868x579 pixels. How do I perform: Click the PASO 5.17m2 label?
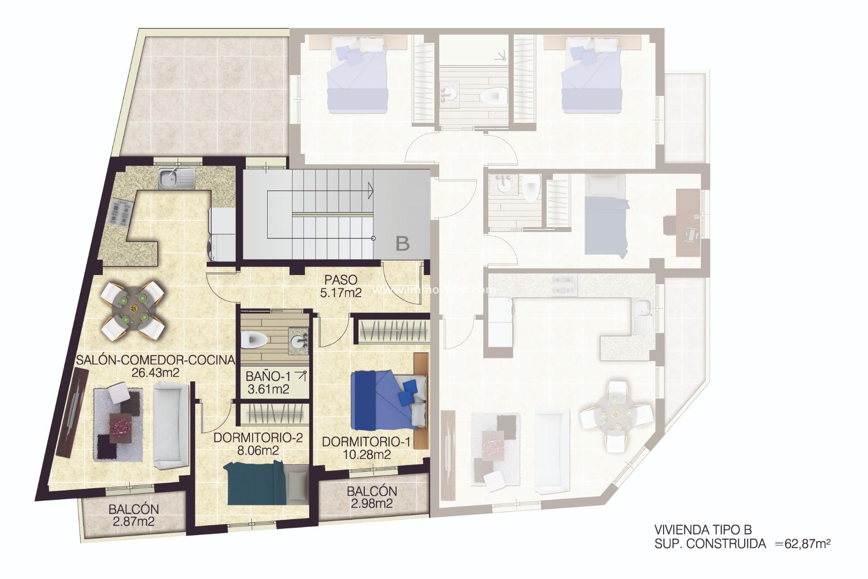point(340,286)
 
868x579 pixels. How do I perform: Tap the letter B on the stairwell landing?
point(402,244)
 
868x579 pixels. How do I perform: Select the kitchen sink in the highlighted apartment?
point(176,178)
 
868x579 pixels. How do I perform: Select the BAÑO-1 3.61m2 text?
point(269,383)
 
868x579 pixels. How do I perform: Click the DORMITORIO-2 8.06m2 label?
point(258,444)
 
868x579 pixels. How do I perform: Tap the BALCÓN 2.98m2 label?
point(372,497)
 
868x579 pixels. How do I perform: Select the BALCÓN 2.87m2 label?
point(133,515)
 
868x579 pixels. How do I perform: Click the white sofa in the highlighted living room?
point(170,424)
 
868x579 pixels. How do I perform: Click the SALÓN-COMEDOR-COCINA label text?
point(155,360)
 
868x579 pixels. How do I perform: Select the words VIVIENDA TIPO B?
point(703,530)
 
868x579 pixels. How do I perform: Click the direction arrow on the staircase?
point(370,190)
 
